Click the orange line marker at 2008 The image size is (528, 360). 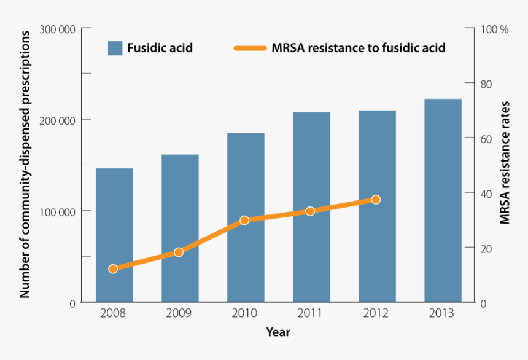coord(113,268)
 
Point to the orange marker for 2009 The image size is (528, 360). coord(179,252)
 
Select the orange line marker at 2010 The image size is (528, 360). coord(244,220)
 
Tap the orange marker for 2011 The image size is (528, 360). coord(310,211)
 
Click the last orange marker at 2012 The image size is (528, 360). coord(376,200)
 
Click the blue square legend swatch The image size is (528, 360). coord(115,48)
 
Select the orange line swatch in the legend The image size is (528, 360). coord(250,48)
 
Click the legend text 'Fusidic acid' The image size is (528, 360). coord(160,48)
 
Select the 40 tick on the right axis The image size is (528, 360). coord(485,194)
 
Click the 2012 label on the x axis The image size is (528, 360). coord(376,313)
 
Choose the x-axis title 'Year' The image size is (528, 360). coord(278,332)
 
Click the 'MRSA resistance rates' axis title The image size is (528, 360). coord(505,166)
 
